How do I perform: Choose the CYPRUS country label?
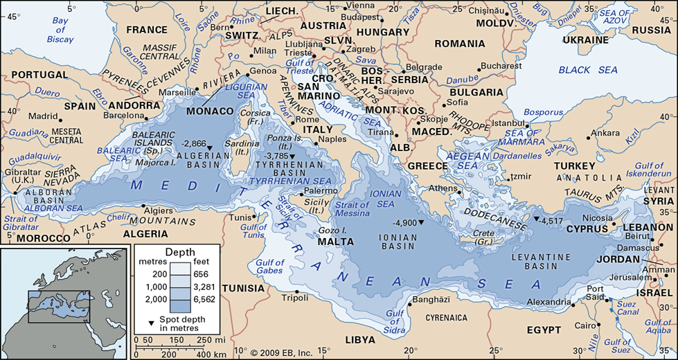tap(587, 228)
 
